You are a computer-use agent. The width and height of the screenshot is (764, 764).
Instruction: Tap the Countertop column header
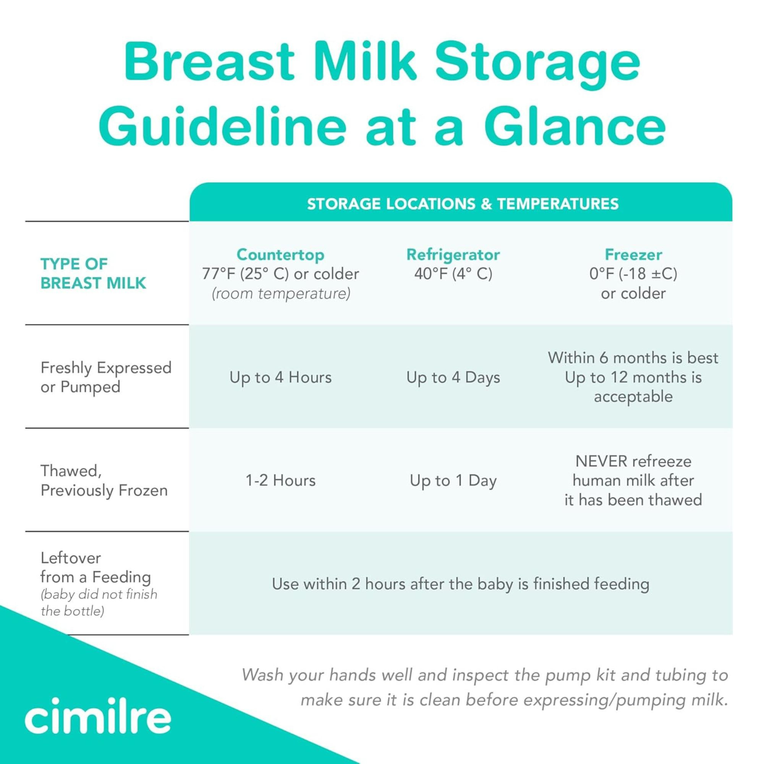(280, 255)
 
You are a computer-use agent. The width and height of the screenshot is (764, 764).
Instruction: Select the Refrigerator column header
(453, 255)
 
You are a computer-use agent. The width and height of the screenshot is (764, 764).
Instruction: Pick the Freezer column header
(633, 255)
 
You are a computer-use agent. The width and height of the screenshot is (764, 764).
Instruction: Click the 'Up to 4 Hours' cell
(280, 377)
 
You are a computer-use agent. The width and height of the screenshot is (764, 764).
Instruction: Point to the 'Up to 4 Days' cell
(453, 377)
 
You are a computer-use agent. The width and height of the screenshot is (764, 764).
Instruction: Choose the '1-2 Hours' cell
(280, 481)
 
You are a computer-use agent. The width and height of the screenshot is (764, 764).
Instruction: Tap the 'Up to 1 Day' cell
(453, 481)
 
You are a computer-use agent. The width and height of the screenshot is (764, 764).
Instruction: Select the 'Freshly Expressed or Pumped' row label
(105, 377)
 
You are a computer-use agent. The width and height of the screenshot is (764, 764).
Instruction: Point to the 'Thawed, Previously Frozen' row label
(104, 481)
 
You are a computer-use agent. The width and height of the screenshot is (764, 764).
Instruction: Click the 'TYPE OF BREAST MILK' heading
(93, 273)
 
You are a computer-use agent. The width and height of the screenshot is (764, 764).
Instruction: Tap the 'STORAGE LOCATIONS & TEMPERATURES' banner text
(463, 204)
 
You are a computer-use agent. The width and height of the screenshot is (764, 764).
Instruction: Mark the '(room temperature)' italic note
(281, 293)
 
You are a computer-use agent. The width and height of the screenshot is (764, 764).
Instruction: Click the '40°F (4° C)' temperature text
(453, 274)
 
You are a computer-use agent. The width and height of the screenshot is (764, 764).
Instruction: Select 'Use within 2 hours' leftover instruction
(460, 584)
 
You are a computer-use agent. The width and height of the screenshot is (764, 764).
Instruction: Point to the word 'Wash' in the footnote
(263, 675)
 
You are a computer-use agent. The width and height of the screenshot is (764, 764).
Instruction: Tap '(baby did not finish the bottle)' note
(99, 603)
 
